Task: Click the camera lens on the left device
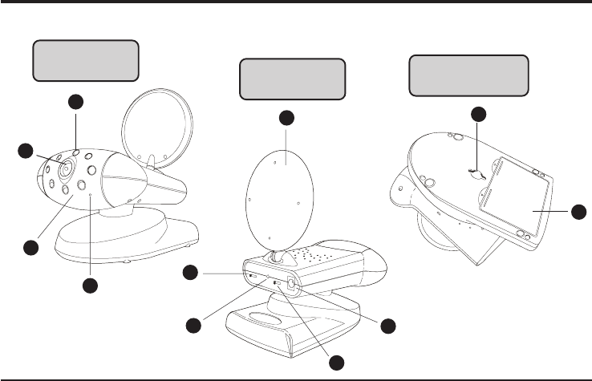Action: click(x=66, y=169)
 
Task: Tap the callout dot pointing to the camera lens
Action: click(x=27, y=151)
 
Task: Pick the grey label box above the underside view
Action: click(x=469, y=75)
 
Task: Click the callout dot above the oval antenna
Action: click(x=286, y=119)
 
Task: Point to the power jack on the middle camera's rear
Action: click(x=290, y=285)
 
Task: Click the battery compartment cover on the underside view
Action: click(x=513, y=197)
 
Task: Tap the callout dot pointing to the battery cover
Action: click(x=579, y=212)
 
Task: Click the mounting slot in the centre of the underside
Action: click(x=475, y=171)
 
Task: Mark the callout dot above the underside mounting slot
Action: click(x=478, y=113)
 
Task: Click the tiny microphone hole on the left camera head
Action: click(x=91, y=195)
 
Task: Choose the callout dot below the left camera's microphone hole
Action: click(x=91, y=286)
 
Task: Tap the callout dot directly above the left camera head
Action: click(x=75, y=102)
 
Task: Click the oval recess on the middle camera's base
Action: click(x=262, y=318)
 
